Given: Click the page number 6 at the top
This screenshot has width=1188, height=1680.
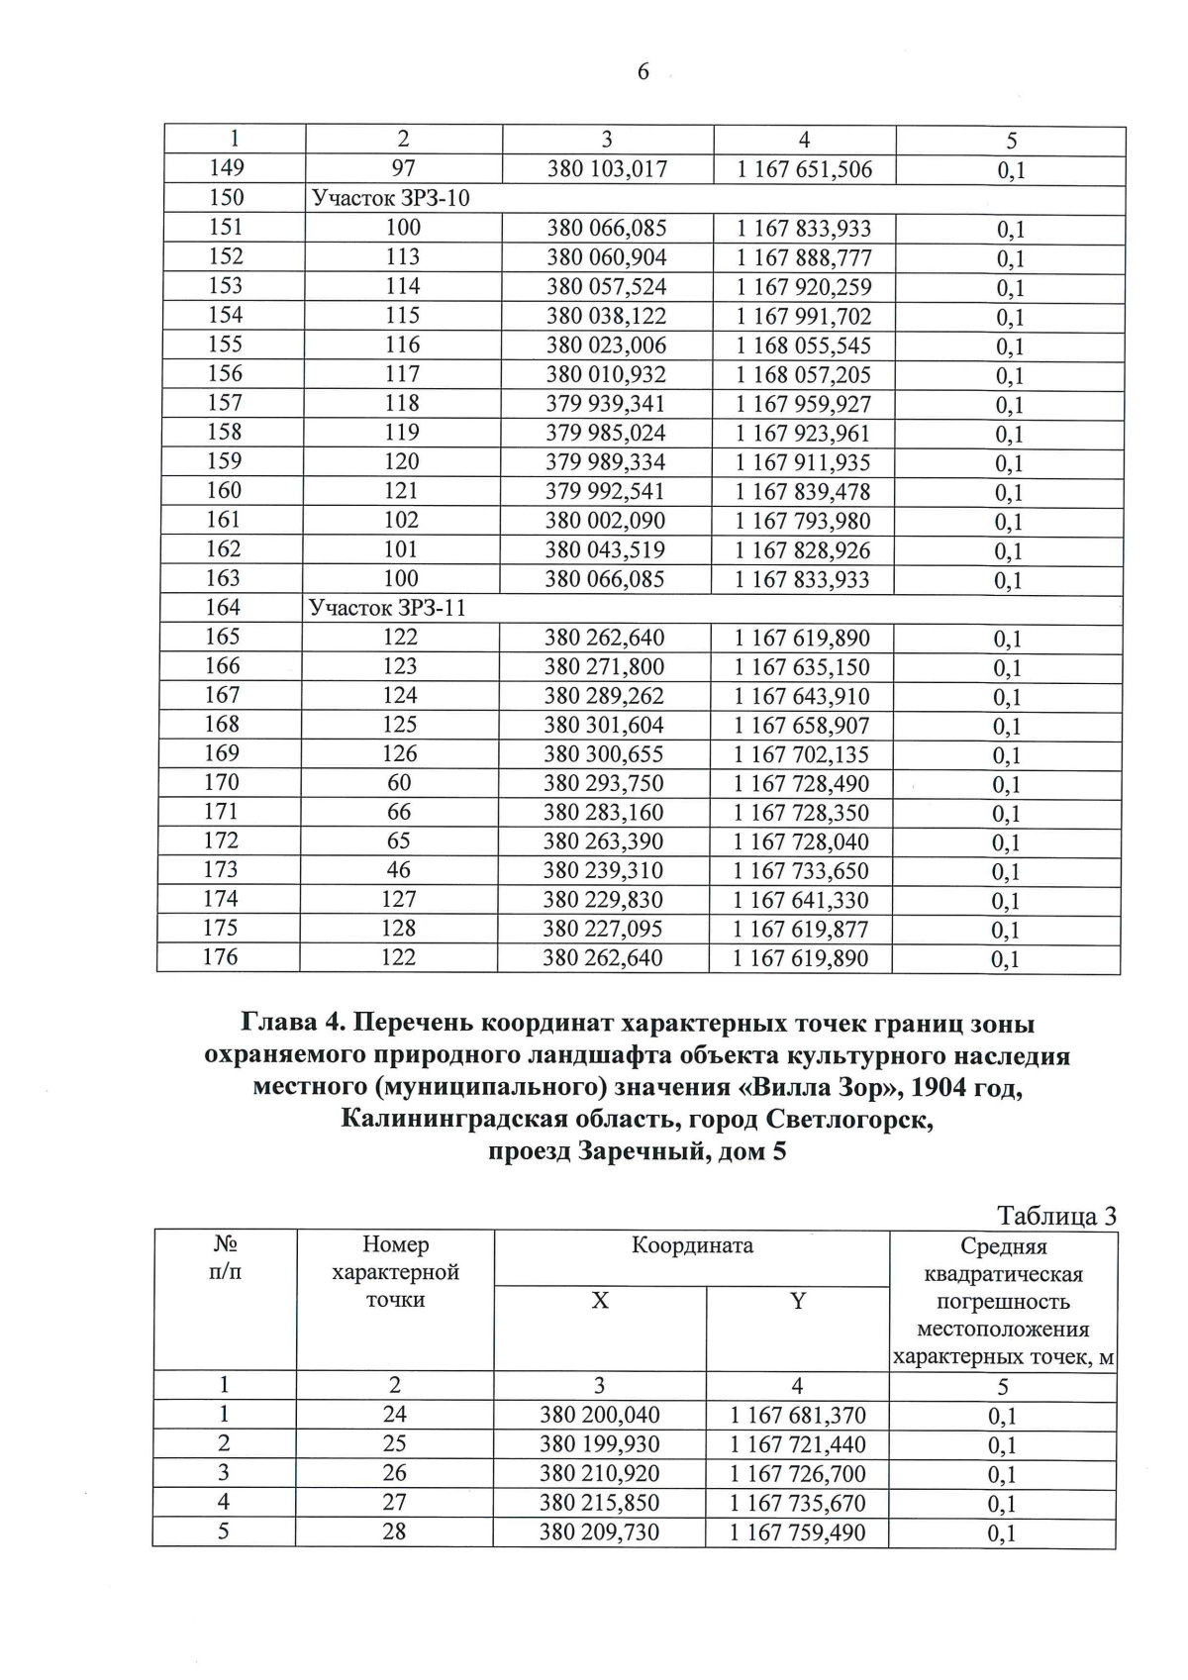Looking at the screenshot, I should point(643,71).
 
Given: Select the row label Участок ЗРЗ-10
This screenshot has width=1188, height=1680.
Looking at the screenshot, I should point(390,198).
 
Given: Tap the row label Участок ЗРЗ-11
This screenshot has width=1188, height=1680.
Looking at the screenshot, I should point(387,608).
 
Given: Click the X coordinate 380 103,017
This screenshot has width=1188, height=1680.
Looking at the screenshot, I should point(607,169).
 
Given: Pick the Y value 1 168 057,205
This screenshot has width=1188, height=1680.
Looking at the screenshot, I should point(803,374).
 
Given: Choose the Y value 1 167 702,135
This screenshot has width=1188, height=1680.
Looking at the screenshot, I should point(801,754).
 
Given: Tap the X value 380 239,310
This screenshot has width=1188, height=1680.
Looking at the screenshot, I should point(603,871).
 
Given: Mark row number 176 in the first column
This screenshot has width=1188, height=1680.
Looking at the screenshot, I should point(221,957).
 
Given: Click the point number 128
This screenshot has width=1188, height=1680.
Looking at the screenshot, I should point(399,929).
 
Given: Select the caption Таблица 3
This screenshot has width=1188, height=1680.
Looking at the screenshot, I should point(1056,1216).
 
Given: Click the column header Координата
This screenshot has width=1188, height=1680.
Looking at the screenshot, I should point(692,1245).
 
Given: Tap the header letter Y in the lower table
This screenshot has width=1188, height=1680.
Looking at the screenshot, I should point(797,1301).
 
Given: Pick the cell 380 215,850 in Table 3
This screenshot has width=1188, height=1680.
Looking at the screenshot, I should point(599,1503).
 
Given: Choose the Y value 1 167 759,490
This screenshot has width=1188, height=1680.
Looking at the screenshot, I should point(797,1532).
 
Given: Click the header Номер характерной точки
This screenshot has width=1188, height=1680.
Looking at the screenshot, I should point(395,1272).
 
